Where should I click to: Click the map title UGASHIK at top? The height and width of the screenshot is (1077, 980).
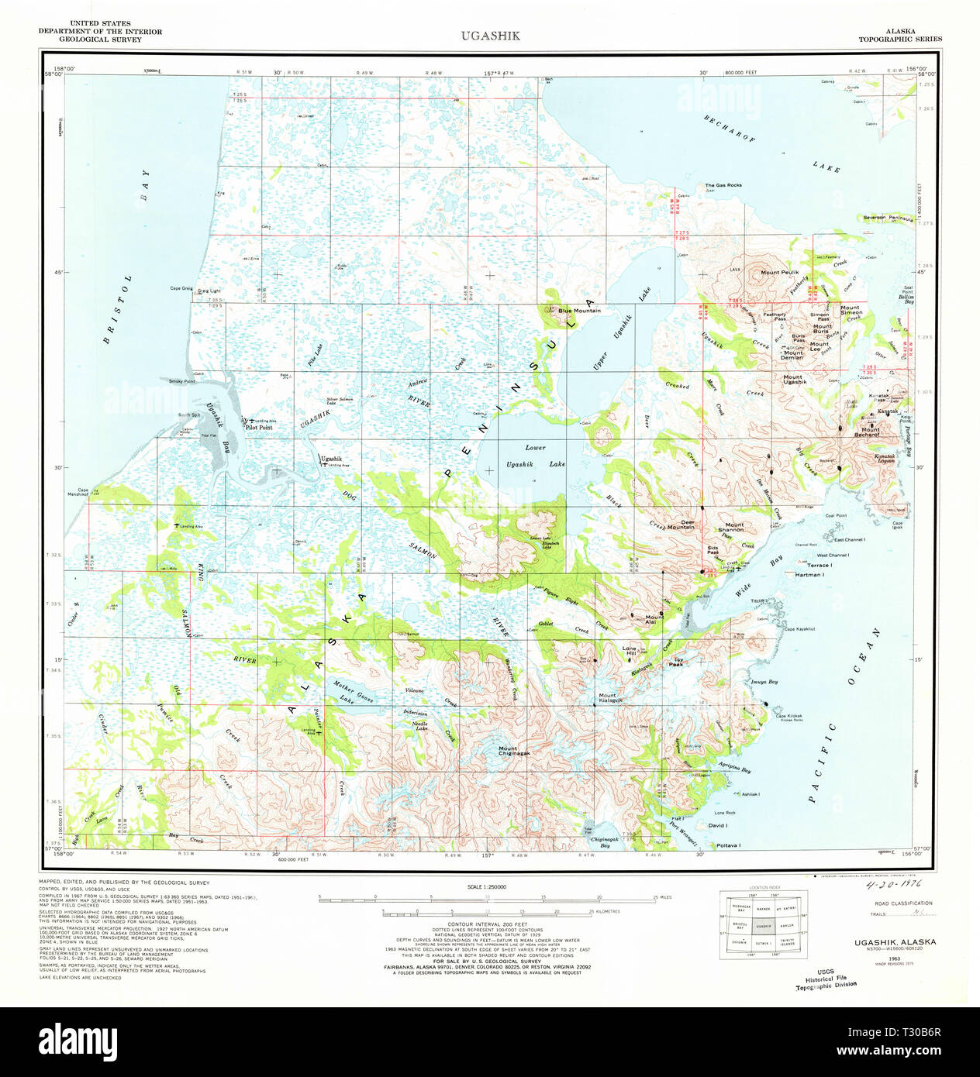click(x=490, y=36)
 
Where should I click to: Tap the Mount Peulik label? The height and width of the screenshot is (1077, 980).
click(x=779, y=273)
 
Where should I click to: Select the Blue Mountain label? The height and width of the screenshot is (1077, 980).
click(x=579, y=311)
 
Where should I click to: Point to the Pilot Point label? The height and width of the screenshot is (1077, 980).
click(x=258, y=428)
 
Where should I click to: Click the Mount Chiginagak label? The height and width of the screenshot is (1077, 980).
click(x=514, y=751)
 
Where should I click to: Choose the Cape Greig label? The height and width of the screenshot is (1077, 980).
click(x=181, y=288)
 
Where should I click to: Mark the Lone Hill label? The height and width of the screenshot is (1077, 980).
click(x=629, y=651)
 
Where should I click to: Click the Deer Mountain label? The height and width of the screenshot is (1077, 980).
click(x=681, y=525)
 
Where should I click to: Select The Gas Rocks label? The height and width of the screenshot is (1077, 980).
click(x=723, y=186)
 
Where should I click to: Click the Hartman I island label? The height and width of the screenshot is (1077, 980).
click(x=809, y=575)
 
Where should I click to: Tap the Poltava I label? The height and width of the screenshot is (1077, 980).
click(x=728, y=845)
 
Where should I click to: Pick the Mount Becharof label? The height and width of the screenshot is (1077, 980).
click(x=866, y=432)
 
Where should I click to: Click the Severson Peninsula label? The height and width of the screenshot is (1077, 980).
click(x=888, y=218)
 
